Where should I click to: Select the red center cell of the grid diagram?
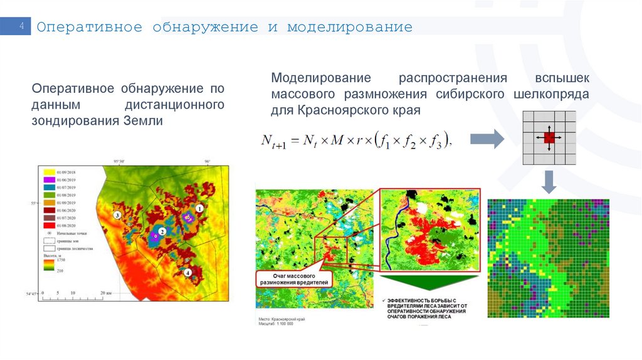tap(549, 138)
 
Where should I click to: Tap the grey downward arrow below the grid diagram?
tap(549, 182)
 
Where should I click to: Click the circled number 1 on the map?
tap(199, 208)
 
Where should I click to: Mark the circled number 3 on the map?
tap(117, 214)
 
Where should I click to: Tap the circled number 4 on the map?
tap(188, 272)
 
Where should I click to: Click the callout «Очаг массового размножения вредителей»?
tap(293, 279)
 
